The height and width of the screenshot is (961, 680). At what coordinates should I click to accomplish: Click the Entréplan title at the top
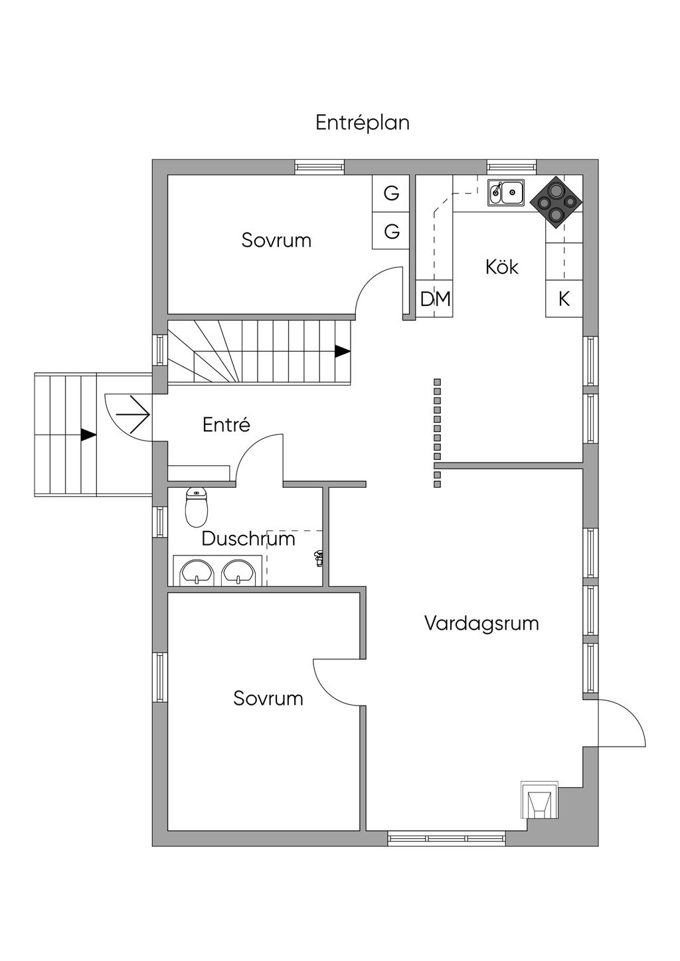click(362, 123)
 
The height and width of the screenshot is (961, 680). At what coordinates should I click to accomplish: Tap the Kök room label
click(501, 267)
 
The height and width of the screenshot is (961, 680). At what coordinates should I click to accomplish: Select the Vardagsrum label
click(481, 623)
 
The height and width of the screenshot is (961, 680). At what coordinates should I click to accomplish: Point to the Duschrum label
click(248, 538)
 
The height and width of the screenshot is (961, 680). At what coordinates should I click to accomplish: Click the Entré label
click(226, 425)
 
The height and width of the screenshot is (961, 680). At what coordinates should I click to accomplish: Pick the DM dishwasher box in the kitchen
click(435, 299)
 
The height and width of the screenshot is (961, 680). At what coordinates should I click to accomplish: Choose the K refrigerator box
click(564, 299)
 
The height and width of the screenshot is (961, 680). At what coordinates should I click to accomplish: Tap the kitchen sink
click(506, 192)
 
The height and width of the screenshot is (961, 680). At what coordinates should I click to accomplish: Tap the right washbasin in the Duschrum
click(237, 572)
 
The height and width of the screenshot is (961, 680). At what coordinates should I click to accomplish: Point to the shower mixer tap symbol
click(319, 558)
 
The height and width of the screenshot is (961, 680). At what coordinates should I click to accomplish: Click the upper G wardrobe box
click(391, 194)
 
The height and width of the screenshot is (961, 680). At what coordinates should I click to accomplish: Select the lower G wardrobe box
click(391, 232)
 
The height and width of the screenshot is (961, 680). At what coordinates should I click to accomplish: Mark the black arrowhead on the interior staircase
click(342, 351)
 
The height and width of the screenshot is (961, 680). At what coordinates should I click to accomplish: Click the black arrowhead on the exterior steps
click(88, 435)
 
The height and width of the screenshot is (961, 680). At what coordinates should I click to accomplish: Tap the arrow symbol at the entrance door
click(133, 414)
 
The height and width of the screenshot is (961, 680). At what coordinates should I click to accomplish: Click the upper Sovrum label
click(276, 240)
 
